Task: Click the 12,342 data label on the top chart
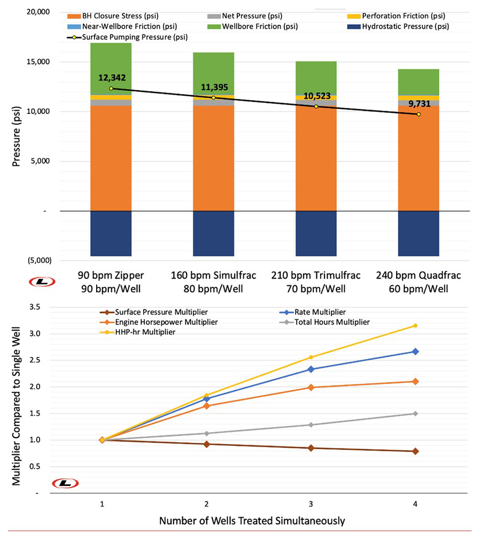(112, 78)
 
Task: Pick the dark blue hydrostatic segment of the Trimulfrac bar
(316, 233)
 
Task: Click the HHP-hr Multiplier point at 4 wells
(415, 326)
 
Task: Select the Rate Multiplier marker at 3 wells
(311, 369)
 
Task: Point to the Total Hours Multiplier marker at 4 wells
(415, 414)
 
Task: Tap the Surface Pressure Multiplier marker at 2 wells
(206, 444)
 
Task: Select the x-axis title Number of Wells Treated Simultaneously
(252, 521)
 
